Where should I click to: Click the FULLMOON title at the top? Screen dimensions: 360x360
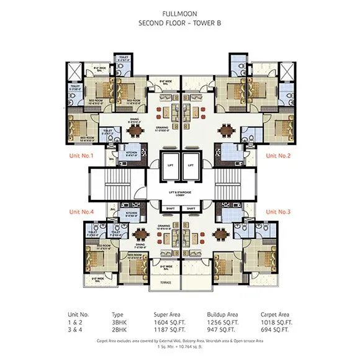point(179,13)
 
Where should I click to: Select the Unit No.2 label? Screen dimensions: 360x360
point(278,156)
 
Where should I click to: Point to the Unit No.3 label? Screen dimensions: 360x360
point(278,212)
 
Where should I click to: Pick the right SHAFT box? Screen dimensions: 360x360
point(191,208)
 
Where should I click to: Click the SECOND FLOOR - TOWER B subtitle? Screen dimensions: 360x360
point(179,23)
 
